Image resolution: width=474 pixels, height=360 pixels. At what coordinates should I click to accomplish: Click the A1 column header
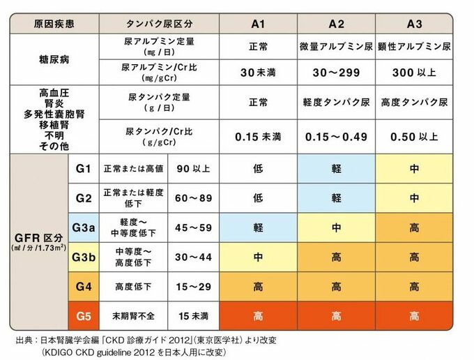(x=259, y=24)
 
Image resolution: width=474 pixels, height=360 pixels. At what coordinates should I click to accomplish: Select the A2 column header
(x=337, y=24)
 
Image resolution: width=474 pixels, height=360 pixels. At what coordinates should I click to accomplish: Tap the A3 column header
(x=415, y=24)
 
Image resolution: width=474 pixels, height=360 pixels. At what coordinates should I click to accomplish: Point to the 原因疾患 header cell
(x=54, y=24)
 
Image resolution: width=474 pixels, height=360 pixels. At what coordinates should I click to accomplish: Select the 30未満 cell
(x=259, y=73)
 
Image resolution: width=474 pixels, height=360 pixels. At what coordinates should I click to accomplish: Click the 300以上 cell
(x=415, y=73)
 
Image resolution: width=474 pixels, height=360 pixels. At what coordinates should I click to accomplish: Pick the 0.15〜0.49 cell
(x=337, y=137)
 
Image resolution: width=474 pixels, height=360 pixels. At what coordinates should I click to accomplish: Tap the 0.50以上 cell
(x=415, y=137)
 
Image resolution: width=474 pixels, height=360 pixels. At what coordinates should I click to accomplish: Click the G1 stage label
(x=83, y=168)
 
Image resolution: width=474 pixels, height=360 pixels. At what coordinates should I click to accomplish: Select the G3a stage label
(x=83, y=227)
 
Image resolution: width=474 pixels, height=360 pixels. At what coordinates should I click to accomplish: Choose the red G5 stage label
(x=83, y=316)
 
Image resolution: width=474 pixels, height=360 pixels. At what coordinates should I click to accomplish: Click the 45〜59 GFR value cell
(x=193, y=227)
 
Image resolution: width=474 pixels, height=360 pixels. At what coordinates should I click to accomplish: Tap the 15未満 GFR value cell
(x=193, y=316)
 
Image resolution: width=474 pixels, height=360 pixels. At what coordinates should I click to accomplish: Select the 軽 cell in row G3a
(x=259, y=227)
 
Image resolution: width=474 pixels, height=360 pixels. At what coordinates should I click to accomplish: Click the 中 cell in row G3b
(x=259, y=257)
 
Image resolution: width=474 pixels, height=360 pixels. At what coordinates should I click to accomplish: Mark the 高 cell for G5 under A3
(x=415, y=316)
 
